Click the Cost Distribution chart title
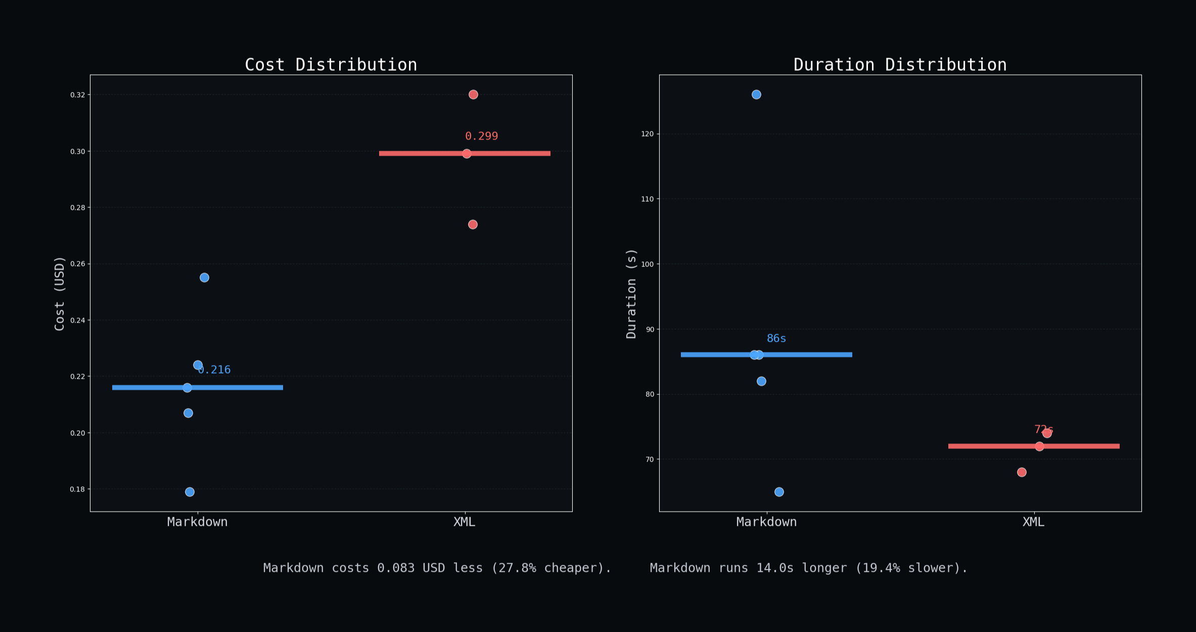point(331,65)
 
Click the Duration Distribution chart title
point(900,65)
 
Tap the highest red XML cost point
point(473,95)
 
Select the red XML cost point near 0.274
point(473,224)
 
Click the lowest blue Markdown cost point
point(190,492)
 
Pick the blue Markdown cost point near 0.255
point(204,278)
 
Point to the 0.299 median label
point(481,136)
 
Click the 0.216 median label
point(215,370)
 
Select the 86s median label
point(776,338)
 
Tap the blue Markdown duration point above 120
point(756,95)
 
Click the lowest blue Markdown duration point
point(779,492)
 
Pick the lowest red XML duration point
point(1022,472)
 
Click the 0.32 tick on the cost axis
point(77,95)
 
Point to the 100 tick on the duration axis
point(647,264)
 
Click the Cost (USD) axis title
point(60,293)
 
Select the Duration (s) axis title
point(631,293)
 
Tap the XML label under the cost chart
point(464,522)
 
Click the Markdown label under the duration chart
point(766,522)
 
